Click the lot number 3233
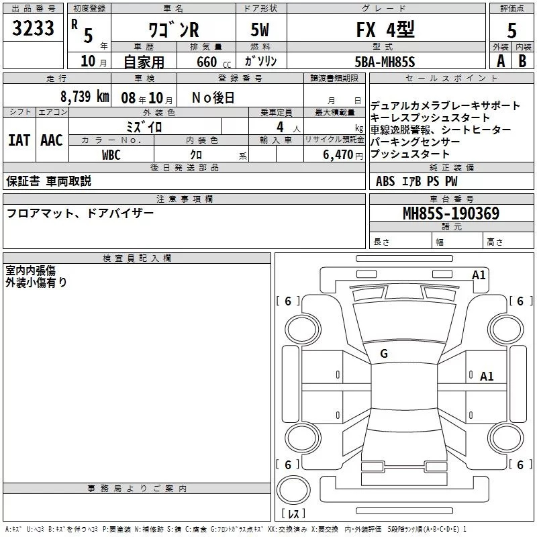pyautogui.click(x=33, y=29)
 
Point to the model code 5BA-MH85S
pyautogui.click(x=385, y=62)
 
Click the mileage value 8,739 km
pyautogui.click(x=84, y=97)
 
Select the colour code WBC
pyautogui.click(x=111, y=155)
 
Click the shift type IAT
pyautogui.click(x=19, y=140)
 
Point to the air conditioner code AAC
pyautogui.click(x=52, y=140)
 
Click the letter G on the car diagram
pyautogui.click(x=384, y=354)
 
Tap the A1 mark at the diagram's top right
pyautogui.click(x=479, y=275)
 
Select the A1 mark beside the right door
pyautogui.click(x=487, y=377)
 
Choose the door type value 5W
pyautogui.click(x=261, y=30)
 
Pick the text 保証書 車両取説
pyautogui.click(x=48, y=181)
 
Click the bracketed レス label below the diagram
pyautogui.click(x=296, y=514)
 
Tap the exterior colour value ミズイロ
pyautogui.click(x=144, y=126)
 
